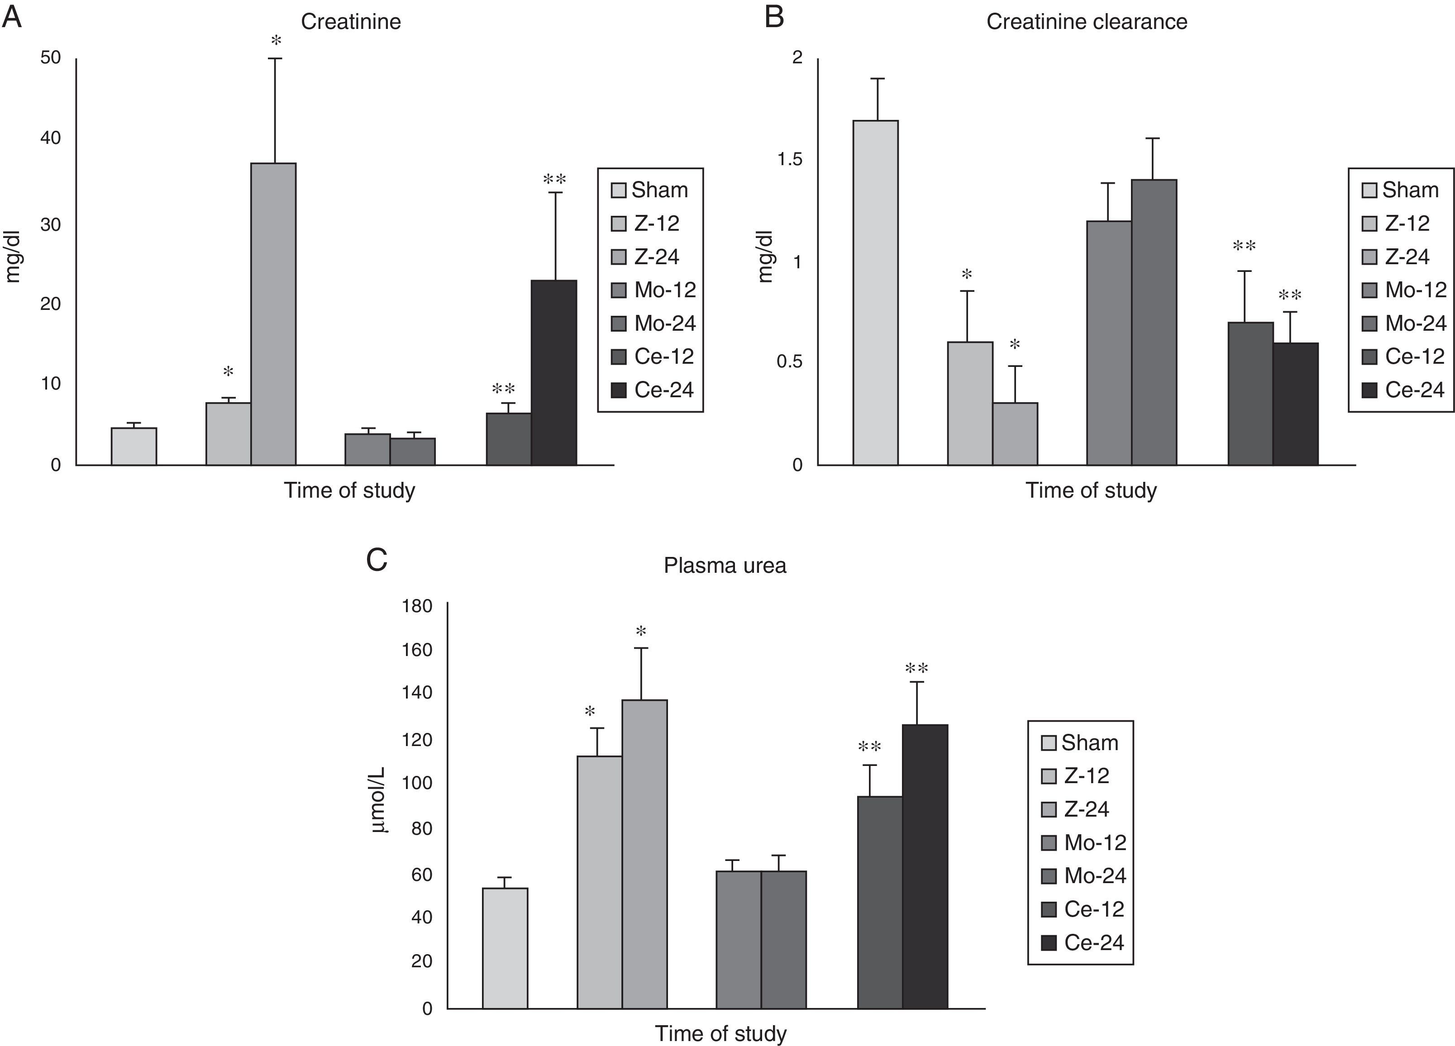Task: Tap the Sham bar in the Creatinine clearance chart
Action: coord(875,292)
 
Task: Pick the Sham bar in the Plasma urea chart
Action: coord(505,948)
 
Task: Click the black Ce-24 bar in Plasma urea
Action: coord(925,866)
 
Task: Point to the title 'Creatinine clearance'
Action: coord(1086,22)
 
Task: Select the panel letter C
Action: coord(377,560)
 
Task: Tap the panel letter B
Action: coord(774,17)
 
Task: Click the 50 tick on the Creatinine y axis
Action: coord(51,58)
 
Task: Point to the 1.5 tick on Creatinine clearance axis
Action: coord(790,159)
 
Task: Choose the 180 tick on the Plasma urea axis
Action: coord(417,606)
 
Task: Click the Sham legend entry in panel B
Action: coord(1401,190)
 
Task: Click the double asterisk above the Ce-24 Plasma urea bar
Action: coord(917,669)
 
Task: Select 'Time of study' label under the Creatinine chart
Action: coord(350,490)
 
